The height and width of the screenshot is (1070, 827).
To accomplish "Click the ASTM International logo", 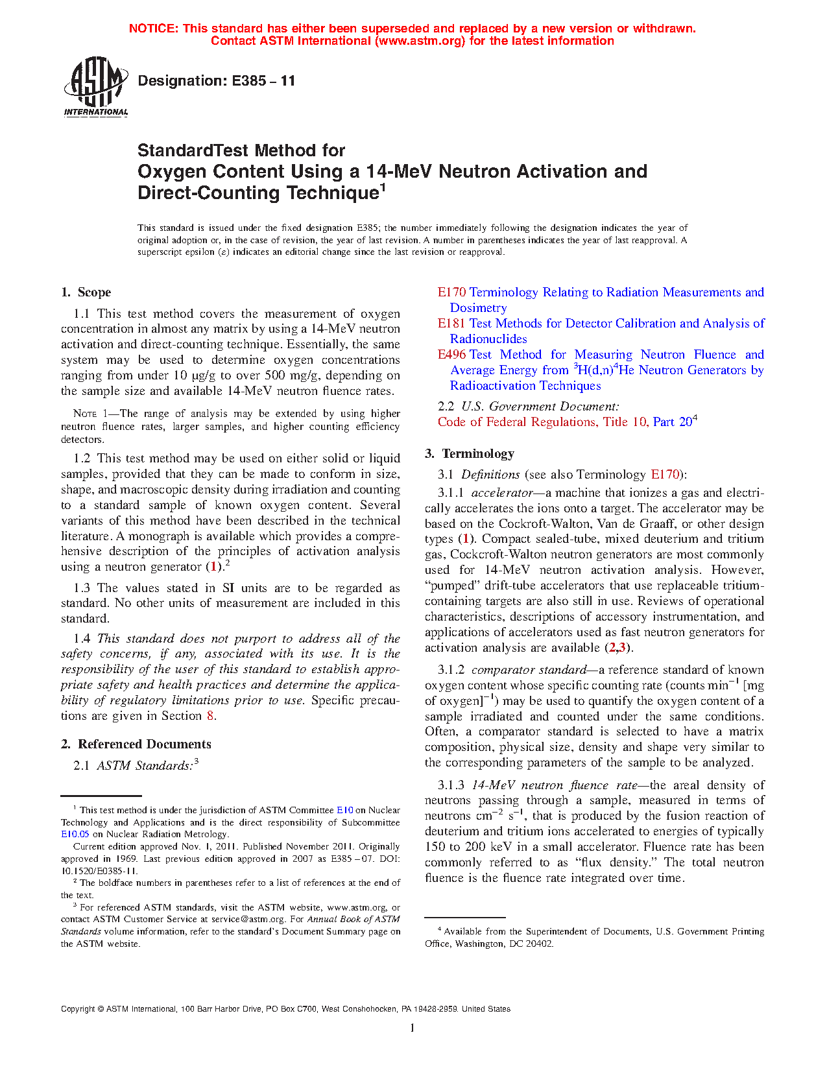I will [x=95, y=86].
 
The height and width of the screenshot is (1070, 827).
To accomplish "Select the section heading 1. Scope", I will [x=86, y=292].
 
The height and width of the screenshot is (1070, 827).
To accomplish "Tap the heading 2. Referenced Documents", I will [x=136, y=744].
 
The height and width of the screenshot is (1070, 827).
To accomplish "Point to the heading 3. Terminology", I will [x=470, y=454].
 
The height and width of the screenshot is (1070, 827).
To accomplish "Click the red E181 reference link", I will [x=451, y=324].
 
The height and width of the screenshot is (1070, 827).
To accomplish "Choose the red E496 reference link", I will [x=451, y=355].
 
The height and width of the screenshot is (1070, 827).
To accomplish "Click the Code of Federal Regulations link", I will [x=564, y=422].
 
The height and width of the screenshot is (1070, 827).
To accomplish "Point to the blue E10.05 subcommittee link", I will [x=75, y=835].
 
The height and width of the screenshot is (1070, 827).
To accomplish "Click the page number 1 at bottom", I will [x=413, y=1028].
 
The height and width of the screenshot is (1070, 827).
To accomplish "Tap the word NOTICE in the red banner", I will [x=153, y=29].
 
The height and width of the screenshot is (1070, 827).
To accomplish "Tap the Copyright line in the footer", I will [x=285, y=1009].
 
